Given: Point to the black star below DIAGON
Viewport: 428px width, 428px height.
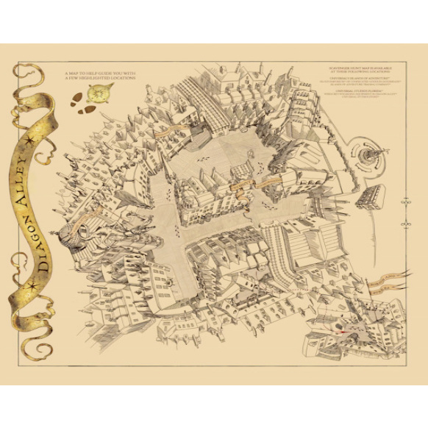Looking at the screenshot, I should tap(34, 284).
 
